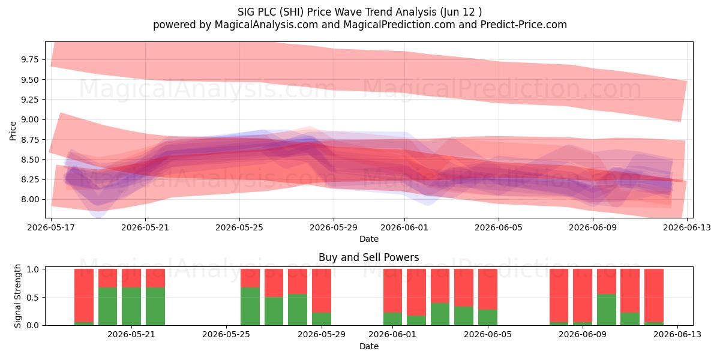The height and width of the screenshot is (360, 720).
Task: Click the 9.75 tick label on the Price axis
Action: coord(29,60)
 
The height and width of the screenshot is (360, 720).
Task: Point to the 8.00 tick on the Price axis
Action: coord(29,200)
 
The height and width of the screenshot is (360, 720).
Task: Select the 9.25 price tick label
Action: coord(29,100)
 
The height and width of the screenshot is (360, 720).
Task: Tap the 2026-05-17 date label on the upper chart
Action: coord(51,227)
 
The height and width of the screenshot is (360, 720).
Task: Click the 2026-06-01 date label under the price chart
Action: coord(404,227)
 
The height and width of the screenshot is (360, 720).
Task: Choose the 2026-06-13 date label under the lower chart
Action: coord(677,334)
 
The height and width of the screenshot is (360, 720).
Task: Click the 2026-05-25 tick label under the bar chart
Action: coord(226,334)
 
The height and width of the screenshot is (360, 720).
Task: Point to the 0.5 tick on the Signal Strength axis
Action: coord(33,298)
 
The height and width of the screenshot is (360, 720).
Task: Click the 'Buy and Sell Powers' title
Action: coord(368,257)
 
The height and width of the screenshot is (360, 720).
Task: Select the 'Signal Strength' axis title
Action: coord(17,296)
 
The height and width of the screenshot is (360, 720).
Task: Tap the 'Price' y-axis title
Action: coord(13,131)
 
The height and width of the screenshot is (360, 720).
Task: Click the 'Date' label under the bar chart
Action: coord(368,346)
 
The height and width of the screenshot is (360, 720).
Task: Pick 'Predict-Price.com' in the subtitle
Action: coord(524,25)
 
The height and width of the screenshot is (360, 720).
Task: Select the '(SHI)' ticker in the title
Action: coord(291,12)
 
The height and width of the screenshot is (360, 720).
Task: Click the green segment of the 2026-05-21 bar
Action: coord(131,307)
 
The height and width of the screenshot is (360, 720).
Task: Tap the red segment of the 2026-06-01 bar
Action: coord(392,291)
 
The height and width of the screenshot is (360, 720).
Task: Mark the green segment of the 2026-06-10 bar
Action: coord(607,310)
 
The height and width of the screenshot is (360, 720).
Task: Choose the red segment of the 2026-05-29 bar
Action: coord(322,291)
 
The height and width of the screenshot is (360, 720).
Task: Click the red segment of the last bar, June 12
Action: coord(654,296)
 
